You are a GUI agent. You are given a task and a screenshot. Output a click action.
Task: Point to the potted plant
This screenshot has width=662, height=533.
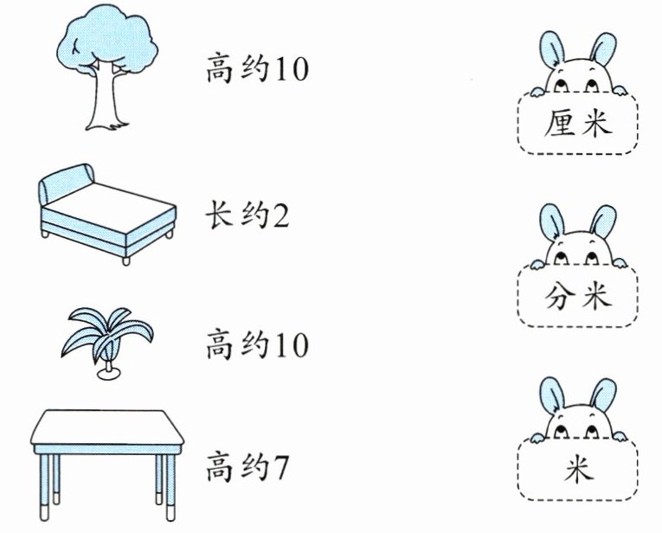click(x=108, y=342)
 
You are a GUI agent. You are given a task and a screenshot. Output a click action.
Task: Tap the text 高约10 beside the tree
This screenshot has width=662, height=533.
click(x=256, y=70)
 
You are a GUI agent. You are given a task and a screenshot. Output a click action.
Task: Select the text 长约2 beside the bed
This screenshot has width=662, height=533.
click(x=247, y=213)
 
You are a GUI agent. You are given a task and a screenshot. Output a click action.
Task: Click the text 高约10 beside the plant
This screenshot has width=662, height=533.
click(x=256, y=347)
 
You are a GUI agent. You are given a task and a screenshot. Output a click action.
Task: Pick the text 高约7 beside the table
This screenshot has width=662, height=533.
click(x=247, y=471)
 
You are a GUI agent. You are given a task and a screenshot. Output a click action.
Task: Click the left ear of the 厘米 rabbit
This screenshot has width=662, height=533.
click(x=550, y=53)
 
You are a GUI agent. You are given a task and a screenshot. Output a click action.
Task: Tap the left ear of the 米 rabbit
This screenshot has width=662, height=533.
click(x=550, y=397)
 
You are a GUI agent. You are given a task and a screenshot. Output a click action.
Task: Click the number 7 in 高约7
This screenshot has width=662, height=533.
click(x=278, y=472)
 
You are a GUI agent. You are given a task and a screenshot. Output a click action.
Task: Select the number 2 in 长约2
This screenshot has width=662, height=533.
click(x=280, y=214)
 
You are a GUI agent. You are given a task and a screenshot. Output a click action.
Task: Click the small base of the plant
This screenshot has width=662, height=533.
click(x=110, y=375)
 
